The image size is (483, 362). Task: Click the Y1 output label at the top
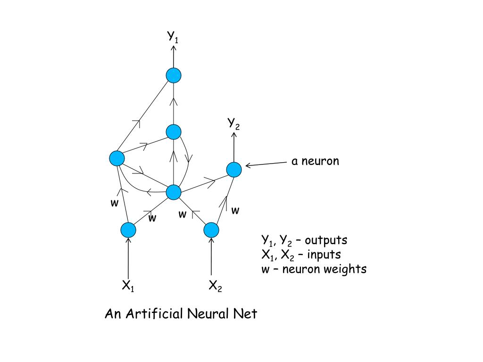point(173,37)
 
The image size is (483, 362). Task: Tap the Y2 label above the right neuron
point(234,123)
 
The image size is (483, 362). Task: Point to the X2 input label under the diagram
point(215,285)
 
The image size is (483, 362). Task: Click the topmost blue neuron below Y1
point(174,75)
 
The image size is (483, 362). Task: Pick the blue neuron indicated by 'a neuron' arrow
point(234,169)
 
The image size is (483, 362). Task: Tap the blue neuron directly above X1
point(128,230)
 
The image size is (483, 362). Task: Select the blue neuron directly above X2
point(211,230)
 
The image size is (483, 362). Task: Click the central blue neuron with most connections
point(174,192)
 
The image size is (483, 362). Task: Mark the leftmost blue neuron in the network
point(117,158)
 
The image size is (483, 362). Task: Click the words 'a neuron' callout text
point(315,161)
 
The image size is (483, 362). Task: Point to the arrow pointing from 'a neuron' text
point(266,164)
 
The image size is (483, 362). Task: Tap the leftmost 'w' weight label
point(114,203)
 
